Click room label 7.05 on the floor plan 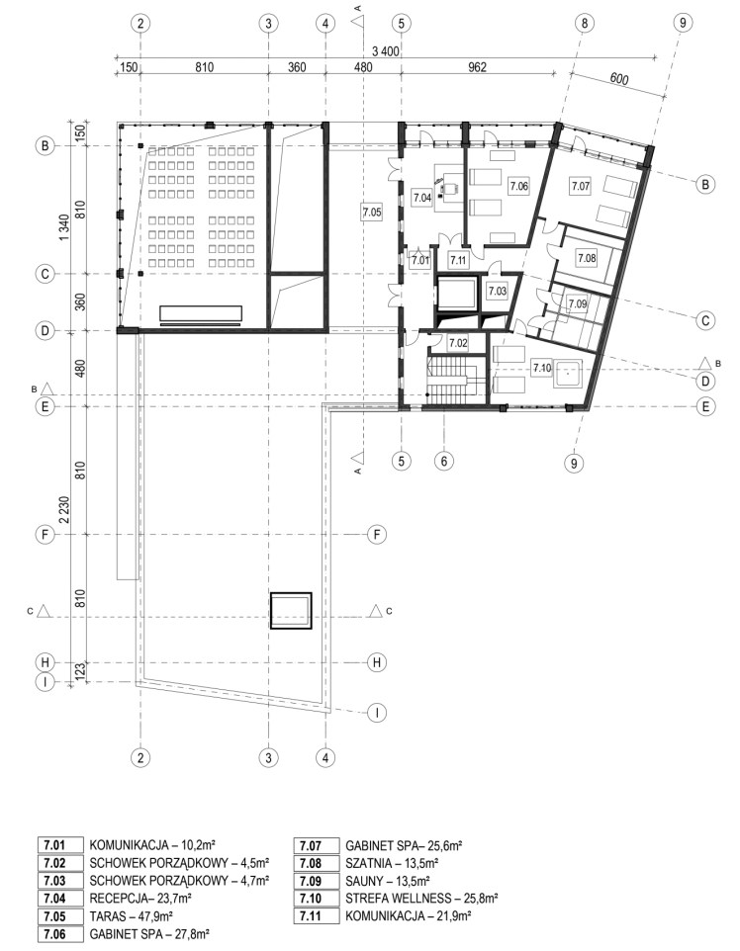coord(372,212)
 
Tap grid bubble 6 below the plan coord(444,461)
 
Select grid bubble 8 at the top coord(584,23)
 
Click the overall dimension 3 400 coord(386,51)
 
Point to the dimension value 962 coord(478,67)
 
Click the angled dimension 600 coord(618,79)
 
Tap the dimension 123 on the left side coord(79,671)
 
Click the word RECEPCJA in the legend coord(117,899)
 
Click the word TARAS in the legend coord(106,916)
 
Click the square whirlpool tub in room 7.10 coord(568,375)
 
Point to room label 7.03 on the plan coord(498,291)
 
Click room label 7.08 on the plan coord(587,258)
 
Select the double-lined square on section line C coord(291,611)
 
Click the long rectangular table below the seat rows coord(201,313)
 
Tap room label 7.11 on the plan coord(458,260)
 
